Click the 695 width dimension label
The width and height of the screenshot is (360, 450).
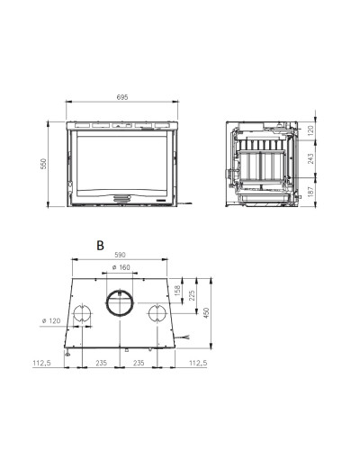(x=122, y=97)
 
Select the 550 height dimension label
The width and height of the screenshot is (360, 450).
(x=44, y=164)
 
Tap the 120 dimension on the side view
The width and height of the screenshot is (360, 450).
(x=310, y=130)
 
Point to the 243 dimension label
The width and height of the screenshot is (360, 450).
(x=310, y=158)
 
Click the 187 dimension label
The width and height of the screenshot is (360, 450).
(x=310, y=192)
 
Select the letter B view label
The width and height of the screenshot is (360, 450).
(x=100, y=245)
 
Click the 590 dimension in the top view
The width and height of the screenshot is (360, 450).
(x=120, y=255)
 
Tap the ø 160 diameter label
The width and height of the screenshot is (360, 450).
(x=121, y=267)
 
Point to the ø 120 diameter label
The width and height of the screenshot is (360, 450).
(x=51, y=320)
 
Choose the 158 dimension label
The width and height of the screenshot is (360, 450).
(x=177, y=291)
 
